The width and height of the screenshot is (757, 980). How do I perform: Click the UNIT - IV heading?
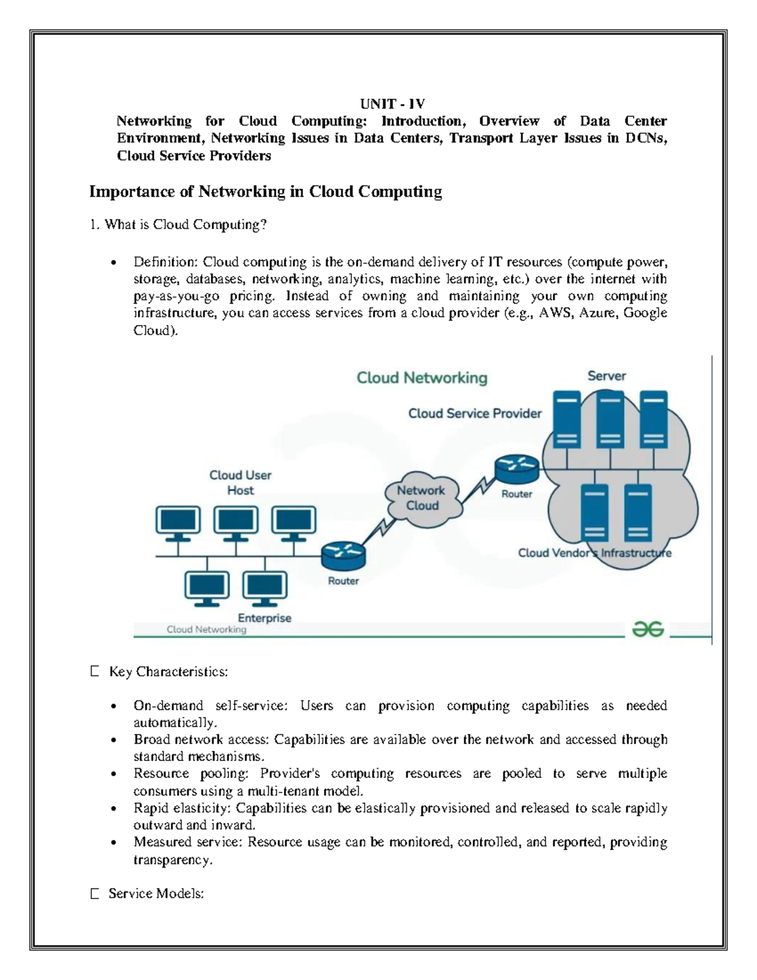(x=392, y=104)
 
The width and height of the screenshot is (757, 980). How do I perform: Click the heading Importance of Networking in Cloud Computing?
(x=265, y=191)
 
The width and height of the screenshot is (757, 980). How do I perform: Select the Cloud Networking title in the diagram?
(x=422, y=378)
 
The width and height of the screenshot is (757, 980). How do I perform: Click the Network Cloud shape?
(x=421, y=498)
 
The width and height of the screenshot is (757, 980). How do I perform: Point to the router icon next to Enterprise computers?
(x=343, y=555)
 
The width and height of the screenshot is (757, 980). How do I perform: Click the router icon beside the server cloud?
(x=517, y=468)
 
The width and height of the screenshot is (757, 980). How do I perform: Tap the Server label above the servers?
(x=606, y=376)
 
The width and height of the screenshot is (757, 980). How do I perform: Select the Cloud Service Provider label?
(x=474, y=413)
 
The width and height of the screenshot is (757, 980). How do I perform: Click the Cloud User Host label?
(x=240, y=483)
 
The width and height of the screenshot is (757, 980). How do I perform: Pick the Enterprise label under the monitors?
(x=264, y=618)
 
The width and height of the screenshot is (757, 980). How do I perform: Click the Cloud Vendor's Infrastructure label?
(x=594, y=553)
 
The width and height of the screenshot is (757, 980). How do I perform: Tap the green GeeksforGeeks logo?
(x=648, y=629)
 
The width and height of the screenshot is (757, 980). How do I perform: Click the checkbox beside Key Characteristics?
(x=95, y=671)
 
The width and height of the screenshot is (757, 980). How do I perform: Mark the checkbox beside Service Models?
(x=95, y=894)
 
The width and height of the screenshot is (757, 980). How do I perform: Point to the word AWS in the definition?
(x=555, y=313)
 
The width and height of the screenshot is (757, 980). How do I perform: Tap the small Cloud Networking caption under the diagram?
(x=206, y=629)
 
